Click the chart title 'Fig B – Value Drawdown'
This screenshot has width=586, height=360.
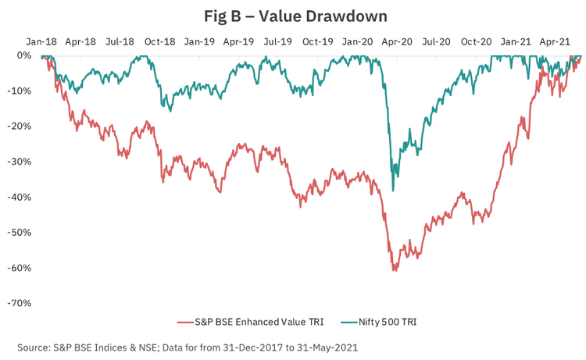(292, 15)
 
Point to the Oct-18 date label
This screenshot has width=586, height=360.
(159, 40)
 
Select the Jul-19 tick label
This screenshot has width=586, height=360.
(278, 40)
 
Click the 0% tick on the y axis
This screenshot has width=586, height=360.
(23, 55)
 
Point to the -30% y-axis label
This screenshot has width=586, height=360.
(19, 162)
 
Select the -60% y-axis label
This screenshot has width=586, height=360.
(19, 268)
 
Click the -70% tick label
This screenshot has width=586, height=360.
(19, 303)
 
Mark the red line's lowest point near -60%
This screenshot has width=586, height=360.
(394, 271)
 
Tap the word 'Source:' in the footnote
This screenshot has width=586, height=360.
(34, 346)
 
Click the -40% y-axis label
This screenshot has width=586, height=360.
(19, 197)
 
